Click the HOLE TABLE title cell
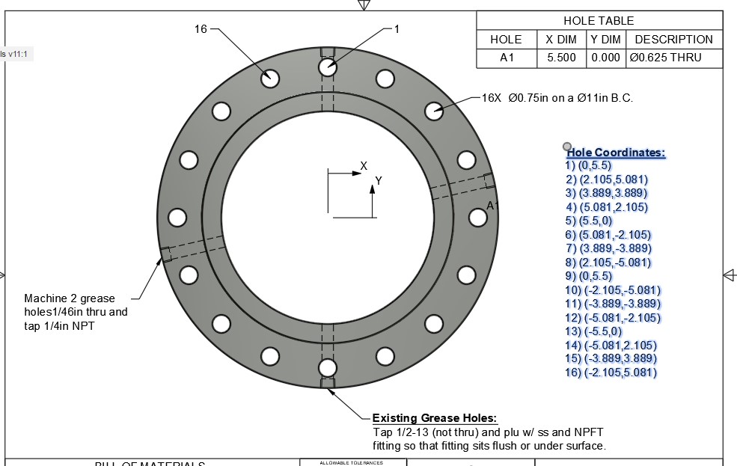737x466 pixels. [x=599, y=21]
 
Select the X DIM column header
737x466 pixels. [x=561, y=40]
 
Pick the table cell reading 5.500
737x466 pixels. [x=561, y=58]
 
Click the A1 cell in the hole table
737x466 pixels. [x=507, y=58]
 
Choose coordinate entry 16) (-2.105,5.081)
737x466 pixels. [x=611, y=373]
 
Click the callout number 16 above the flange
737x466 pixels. [x=201, y=29]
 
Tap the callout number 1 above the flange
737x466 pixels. [x=397, y=29]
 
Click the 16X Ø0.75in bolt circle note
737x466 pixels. [x=557, y=98]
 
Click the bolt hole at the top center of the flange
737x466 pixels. [x=327, y=67]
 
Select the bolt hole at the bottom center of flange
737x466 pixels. [x=327, y=367]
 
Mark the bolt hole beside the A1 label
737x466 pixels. [x=477, y=217]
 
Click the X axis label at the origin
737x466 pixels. [x=364, y=165]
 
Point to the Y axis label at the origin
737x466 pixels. [x=379, y=181]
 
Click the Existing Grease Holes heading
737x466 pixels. [x=435, y=418]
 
